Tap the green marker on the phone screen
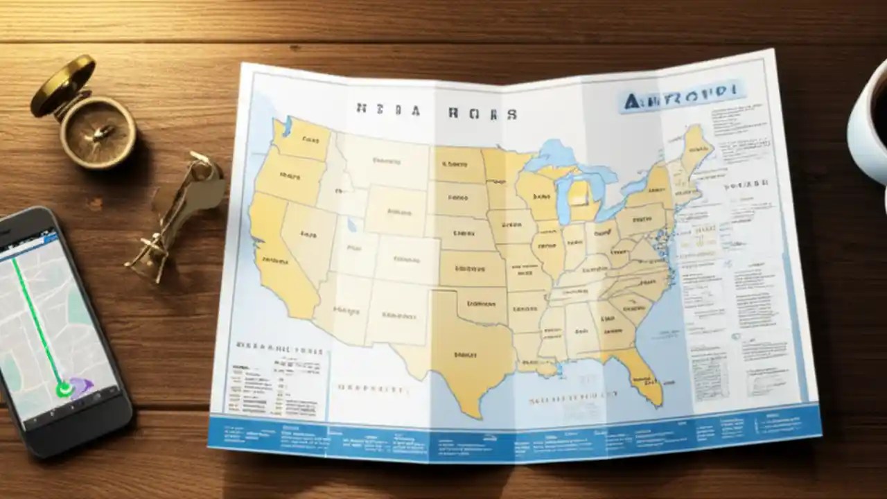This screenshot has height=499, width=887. (64, 389)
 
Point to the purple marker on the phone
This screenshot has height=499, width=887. (82, 385)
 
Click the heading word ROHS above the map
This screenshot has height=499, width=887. (482, 113)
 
